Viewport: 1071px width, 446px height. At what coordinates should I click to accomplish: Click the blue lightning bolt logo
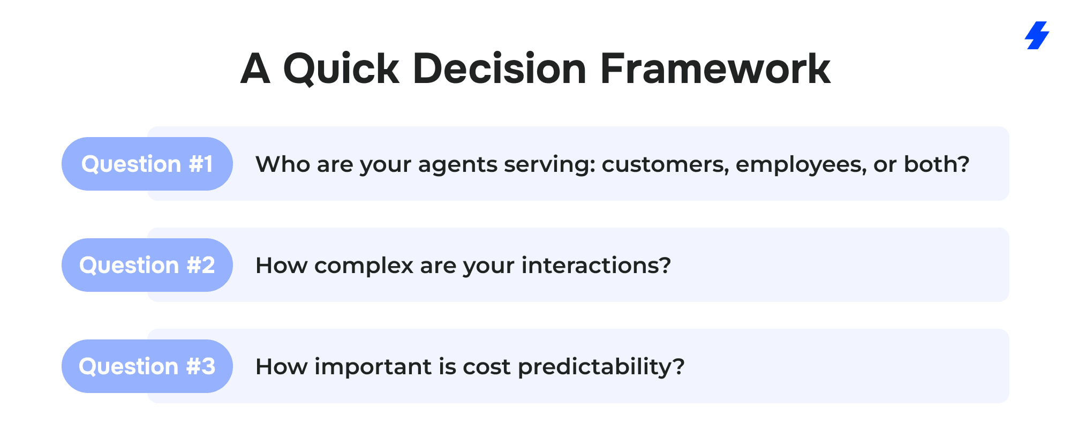tap(1037, 35)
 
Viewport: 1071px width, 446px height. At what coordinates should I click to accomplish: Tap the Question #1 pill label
tap(147, 164)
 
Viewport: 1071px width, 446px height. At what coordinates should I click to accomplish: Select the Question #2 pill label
tap(147, 265)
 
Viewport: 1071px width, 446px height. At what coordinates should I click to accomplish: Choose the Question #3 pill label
tap(147, 366)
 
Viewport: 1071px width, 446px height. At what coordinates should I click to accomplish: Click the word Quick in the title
tap(341, 69)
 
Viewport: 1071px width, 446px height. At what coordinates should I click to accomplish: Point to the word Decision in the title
tap(500, 69)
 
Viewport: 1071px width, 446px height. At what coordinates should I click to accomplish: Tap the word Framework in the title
tap(715, 69)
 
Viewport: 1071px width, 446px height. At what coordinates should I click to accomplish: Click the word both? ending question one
tap(937, 164)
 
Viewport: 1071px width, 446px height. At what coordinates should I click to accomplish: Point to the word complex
tap(364, 266)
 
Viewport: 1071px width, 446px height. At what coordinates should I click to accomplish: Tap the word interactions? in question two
tap(596, 265)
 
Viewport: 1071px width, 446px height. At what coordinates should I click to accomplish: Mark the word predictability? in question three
tap(601, 367)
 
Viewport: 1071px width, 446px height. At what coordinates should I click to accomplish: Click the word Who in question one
tap(283, 164)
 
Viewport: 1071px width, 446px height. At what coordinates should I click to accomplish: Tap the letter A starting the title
tap(255, 69)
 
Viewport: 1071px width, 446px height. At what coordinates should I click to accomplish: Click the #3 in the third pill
tap(201, 366)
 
